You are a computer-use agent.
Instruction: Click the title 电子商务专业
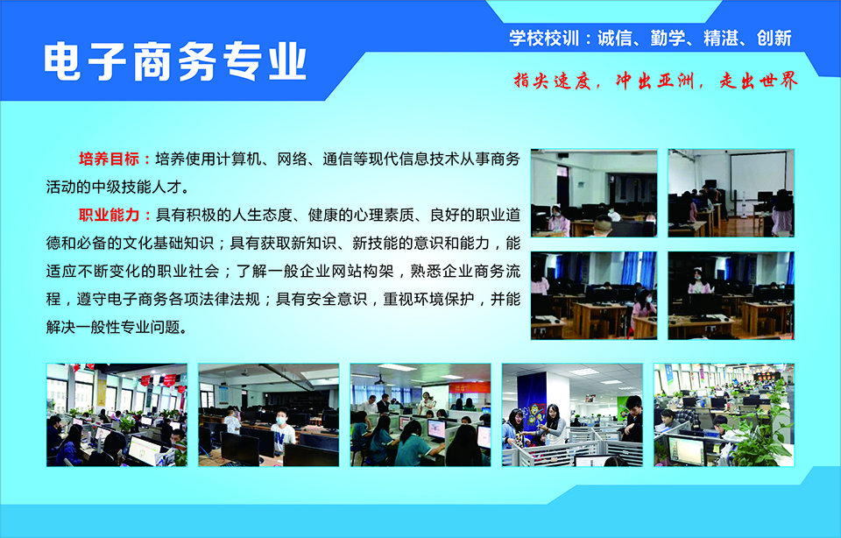175,61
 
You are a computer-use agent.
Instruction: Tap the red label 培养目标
109,159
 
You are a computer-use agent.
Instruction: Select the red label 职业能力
109,215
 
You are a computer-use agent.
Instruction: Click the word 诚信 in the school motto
615,38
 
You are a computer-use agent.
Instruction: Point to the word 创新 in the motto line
774,38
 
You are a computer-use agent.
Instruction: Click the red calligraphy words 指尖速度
552,81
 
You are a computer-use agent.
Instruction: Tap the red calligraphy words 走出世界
759,81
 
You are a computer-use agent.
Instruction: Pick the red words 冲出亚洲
655,81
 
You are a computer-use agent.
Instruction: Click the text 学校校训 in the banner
544,38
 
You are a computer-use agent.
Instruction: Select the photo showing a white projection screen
731,193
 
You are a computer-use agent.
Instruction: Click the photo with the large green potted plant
724,414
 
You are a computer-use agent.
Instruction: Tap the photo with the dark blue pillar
572,414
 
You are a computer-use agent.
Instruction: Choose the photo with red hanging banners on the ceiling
117,414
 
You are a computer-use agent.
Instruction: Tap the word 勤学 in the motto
668,38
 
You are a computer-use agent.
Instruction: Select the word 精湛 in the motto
721,38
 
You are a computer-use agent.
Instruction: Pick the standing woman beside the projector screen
427,403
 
